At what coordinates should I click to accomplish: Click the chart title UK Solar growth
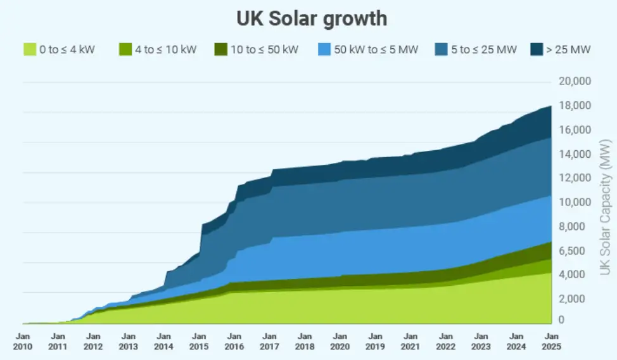tap(312, 18)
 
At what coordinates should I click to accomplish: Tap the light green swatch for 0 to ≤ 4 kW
tap(29, 49)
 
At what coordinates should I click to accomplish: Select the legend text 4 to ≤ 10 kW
tap(165, 49)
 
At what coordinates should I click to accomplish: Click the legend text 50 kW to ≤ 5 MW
tap(376, 49)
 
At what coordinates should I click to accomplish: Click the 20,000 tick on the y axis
tap(574, 82)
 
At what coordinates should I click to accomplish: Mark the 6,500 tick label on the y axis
tap(574, 251)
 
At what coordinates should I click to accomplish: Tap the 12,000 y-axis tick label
tap(574, 179)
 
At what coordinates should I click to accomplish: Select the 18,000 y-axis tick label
tap(574, 106)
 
